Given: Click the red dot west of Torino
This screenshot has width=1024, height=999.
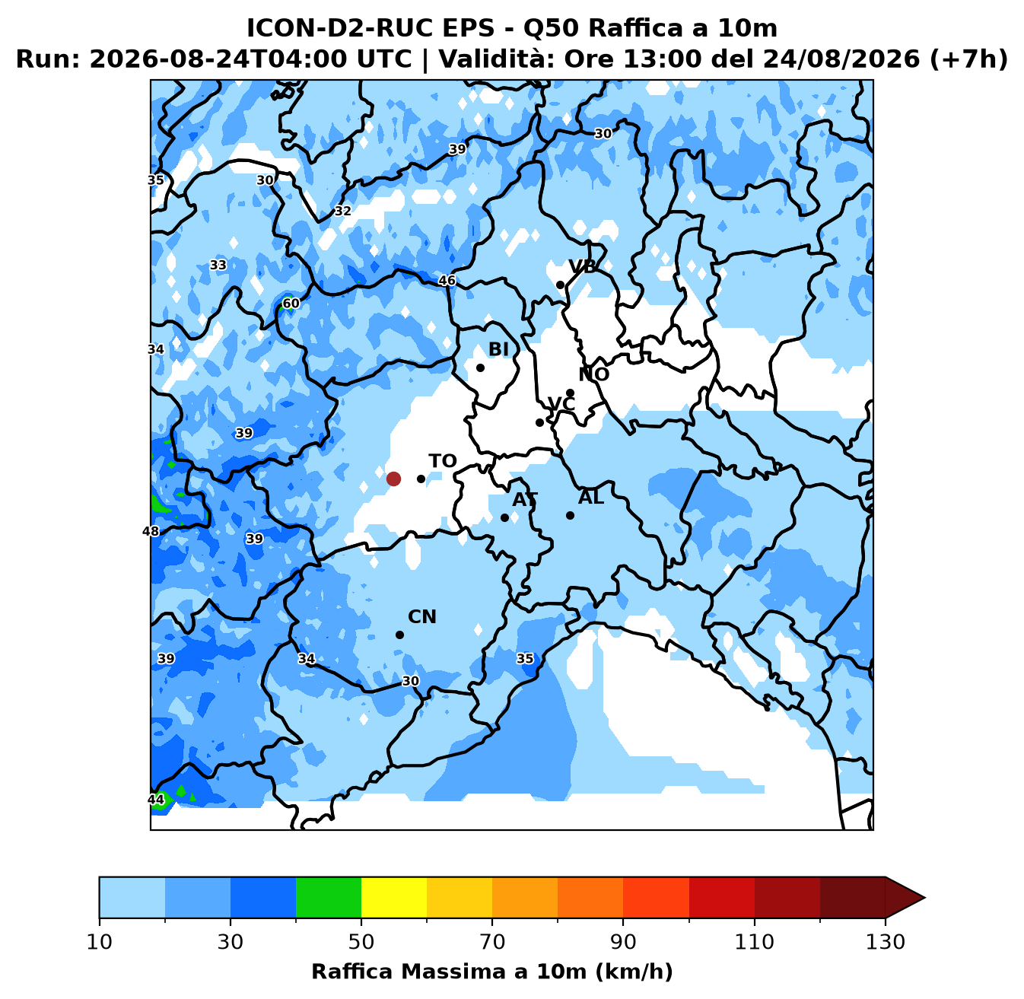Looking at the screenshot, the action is [x=393, y=479].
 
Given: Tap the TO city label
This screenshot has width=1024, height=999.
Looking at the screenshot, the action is [x=443, y=461].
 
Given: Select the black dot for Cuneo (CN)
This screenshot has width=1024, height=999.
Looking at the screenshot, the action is [x=399, y=635].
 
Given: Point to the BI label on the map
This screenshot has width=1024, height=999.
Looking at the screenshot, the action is [x=498, y=349].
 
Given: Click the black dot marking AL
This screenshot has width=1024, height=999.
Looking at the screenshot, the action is [x=570, y=515].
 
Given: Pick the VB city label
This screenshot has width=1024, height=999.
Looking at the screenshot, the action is [x=582, y=267].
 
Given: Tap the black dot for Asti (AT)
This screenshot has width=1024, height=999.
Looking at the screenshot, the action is [x=504, y=518].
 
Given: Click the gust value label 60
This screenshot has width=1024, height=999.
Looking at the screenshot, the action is [x=291, y=304].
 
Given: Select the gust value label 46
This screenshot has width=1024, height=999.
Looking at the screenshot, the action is [x=447, y=281].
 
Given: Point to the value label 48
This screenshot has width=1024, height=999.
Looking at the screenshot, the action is [x=151, y=531].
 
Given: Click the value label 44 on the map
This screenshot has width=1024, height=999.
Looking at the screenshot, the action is [x=156, y=800].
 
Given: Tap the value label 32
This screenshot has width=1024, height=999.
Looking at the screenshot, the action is [x=342, y=211].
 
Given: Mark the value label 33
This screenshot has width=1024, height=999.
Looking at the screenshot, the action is [x=218, y=266].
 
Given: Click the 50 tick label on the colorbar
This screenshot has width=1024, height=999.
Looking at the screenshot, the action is [x=361, y=941].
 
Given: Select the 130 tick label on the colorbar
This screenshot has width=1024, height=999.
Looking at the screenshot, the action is [x=885, y=941].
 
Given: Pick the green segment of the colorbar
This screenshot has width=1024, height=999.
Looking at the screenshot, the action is [x=329, y=897].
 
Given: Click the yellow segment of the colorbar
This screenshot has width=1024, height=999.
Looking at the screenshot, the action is [x=394, y=897].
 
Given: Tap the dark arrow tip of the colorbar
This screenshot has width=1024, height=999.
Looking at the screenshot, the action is [x=924, y=897].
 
